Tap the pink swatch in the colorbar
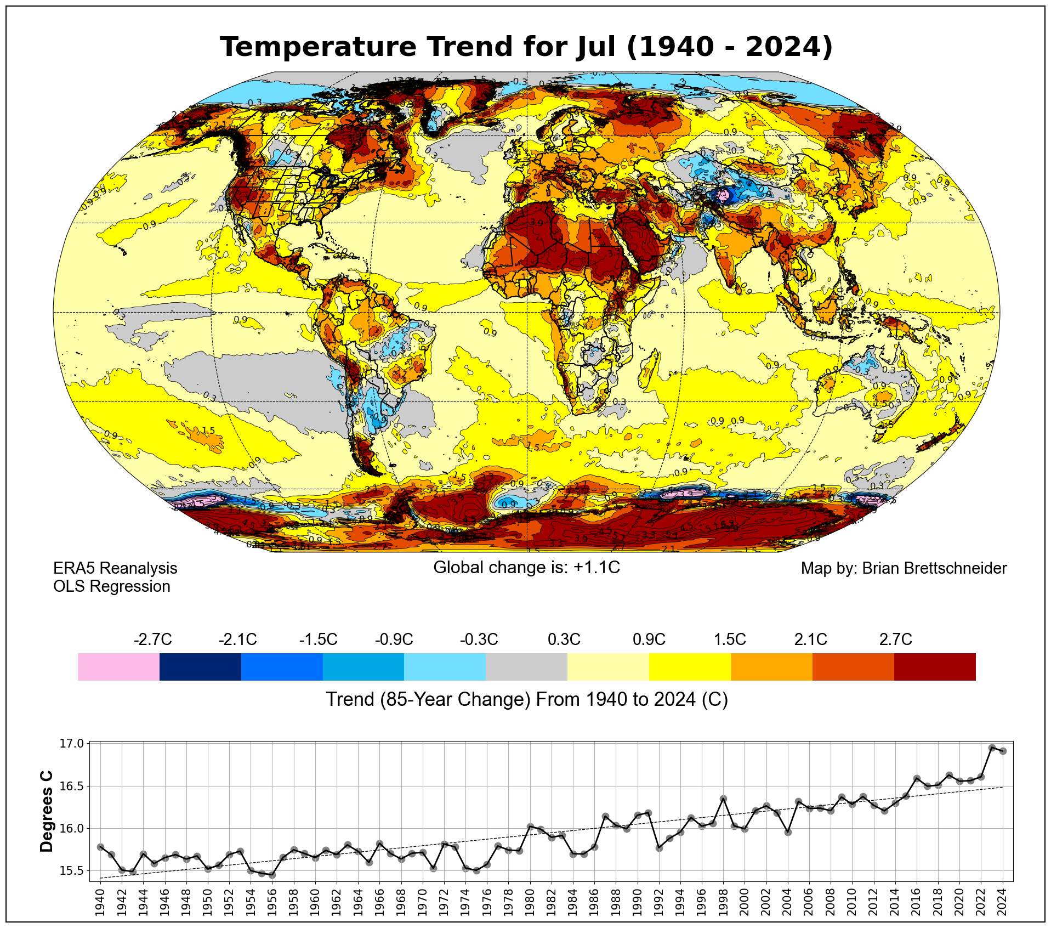point(118,666)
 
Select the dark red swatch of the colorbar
point(934,666)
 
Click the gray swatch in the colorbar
point(526,666)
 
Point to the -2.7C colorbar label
point(152,640)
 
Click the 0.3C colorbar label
point(564,640)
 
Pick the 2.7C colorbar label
point(895,640)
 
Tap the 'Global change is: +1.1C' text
point(526,567)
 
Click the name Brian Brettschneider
point(934,568)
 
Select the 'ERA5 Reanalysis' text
point(115,568)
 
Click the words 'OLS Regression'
point(112,586)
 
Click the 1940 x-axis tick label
point(100,902)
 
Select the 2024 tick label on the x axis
point(1002,902)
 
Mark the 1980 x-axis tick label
point(530,902)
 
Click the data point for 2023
point(992,748)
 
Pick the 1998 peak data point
point(723,799)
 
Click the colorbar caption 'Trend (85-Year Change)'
point(526,700)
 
